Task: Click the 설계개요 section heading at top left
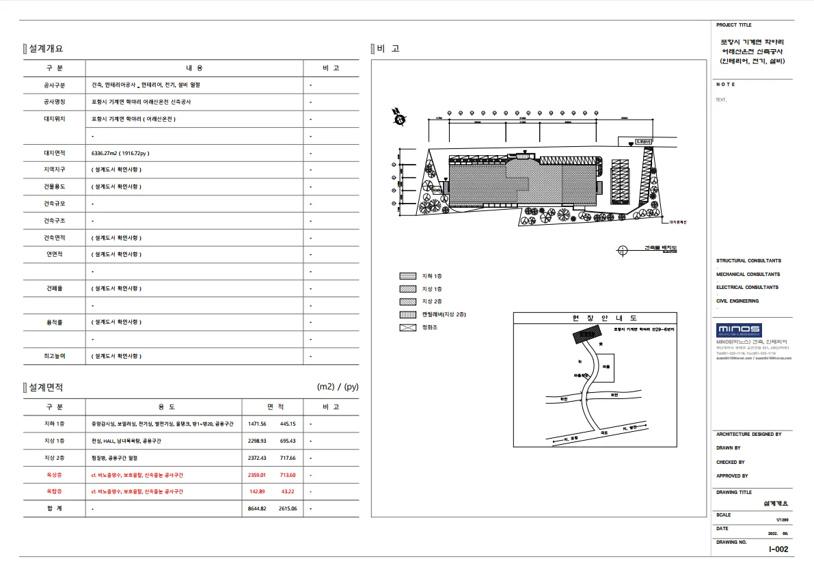point(46,49)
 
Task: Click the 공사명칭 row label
point(54,102)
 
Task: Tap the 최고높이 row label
point(54,356)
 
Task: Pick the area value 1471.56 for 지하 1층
point(257,424)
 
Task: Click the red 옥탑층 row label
point(54,492)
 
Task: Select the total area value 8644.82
point(257,509)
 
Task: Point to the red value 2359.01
point(257,475)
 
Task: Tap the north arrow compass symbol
point(398,118)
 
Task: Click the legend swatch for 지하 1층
point(407,276)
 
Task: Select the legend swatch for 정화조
point(407,327)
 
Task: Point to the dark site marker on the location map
point(585,335)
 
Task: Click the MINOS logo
point(738,329)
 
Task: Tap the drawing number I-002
point(778,549)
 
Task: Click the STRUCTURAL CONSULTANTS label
point(748,261)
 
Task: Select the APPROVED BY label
point(732,476)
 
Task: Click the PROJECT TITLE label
point(731,25)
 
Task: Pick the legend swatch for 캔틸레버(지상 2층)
point(407,314)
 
